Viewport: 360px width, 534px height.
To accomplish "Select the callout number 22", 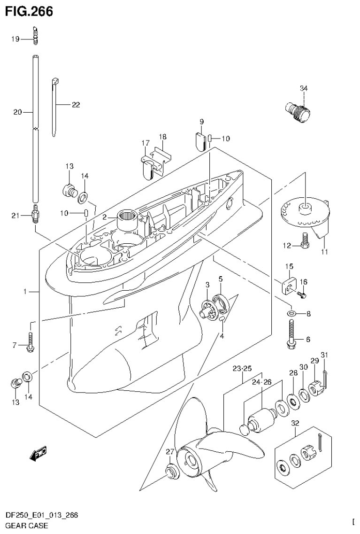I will (x=75, y=105).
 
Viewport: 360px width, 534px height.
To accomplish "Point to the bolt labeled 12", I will (x=305, y=242).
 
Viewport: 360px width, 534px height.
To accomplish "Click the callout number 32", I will (x=295, y=423).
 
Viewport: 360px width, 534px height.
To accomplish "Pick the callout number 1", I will (x=26, y=292).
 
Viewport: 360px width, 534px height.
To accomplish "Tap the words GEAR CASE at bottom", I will (x=23, y=526).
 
